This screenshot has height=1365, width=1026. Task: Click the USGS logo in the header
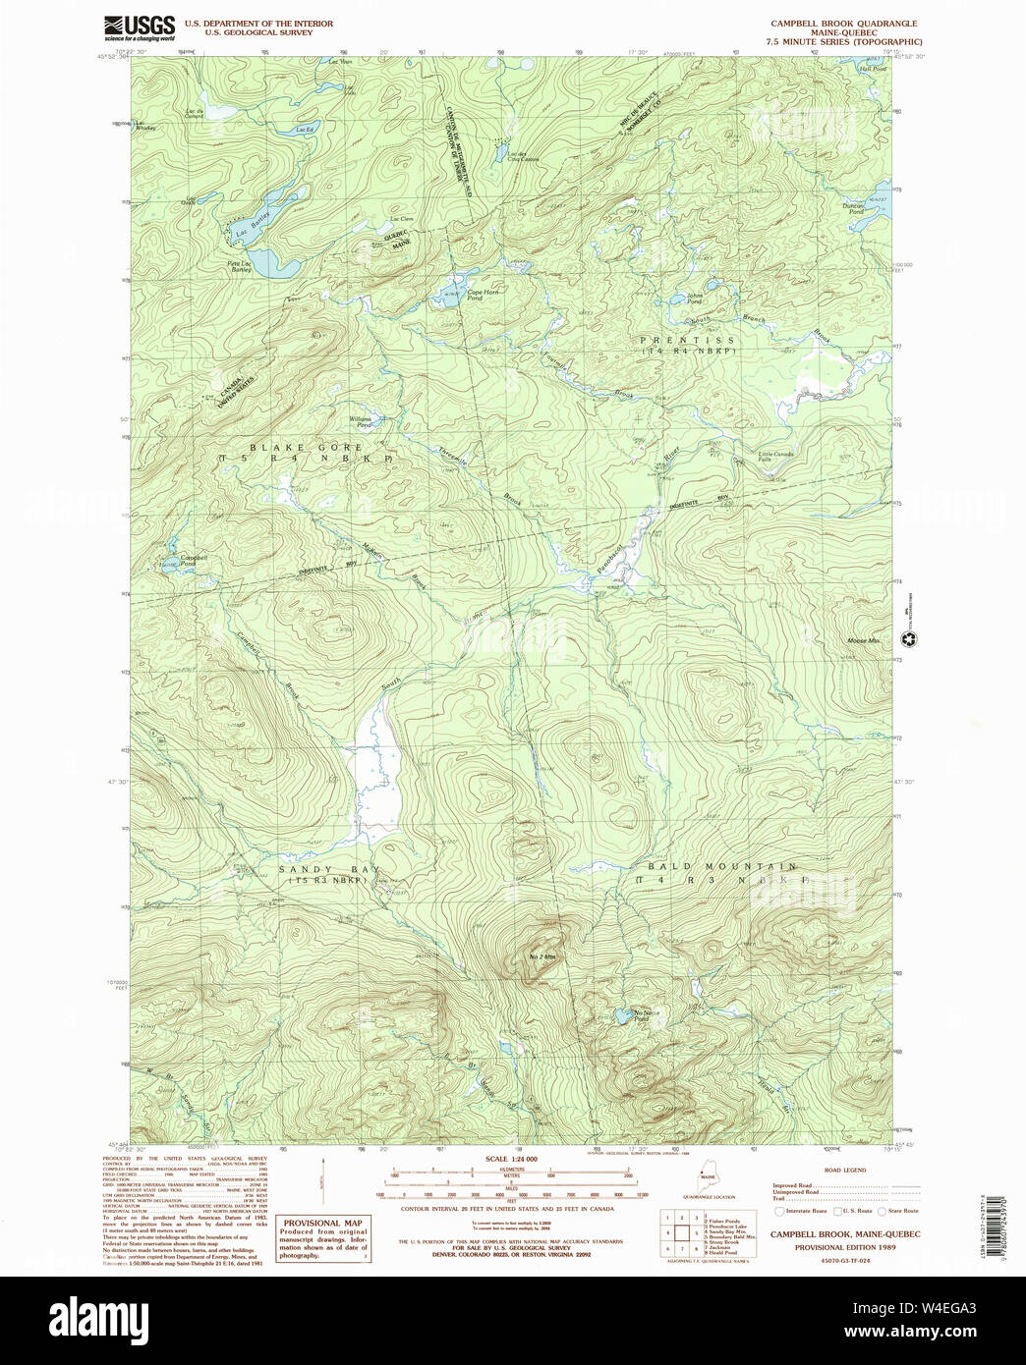[140, 26]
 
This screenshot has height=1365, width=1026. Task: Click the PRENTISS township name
[687, 341]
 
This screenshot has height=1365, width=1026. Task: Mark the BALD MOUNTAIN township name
[722, 867]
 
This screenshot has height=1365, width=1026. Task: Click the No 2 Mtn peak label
[542, 955]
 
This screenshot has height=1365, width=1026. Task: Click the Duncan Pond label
[853, 207]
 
